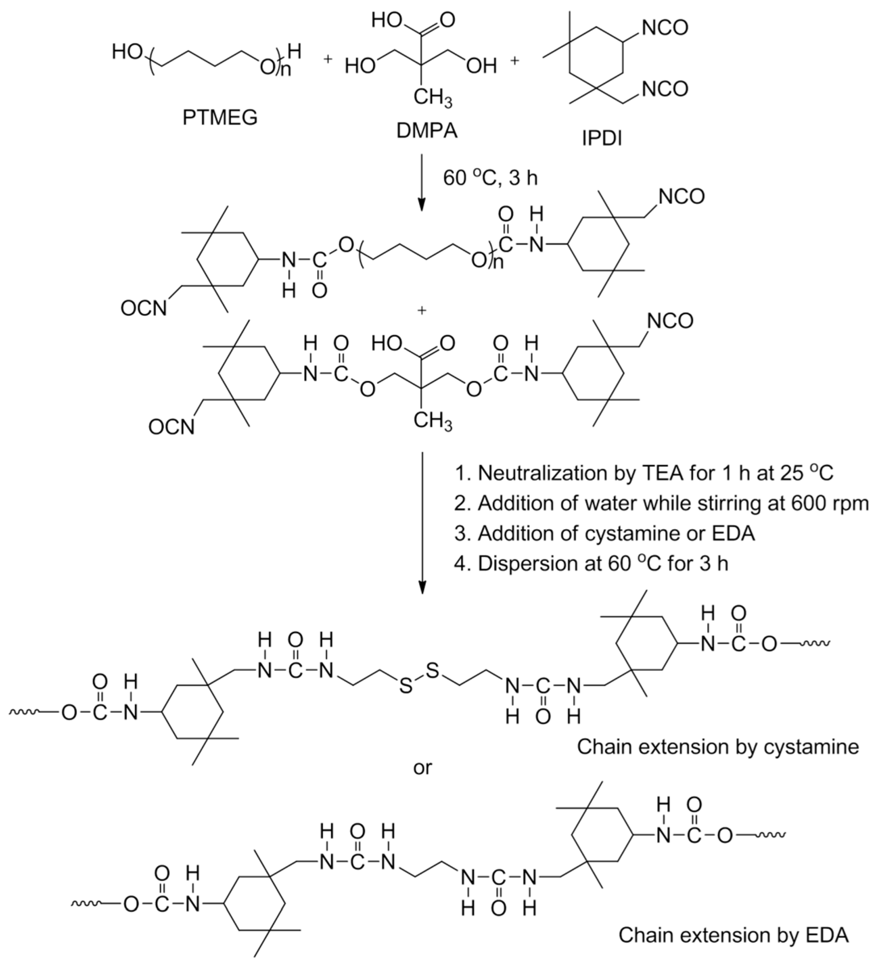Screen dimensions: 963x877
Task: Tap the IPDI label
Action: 602,138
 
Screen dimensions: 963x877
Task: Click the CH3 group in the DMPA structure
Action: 432,99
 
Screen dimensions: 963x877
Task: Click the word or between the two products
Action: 423,767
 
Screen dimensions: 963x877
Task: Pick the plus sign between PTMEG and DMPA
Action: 328,59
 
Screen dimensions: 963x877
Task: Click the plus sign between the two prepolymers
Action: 421,311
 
